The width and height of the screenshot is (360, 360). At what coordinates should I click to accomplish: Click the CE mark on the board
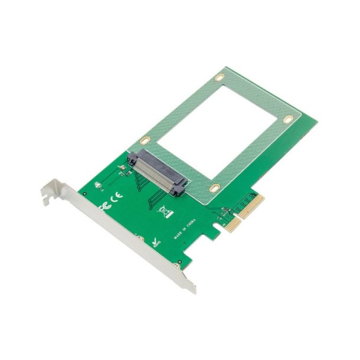[117, 195]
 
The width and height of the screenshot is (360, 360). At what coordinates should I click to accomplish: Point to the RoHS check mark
[155, 242]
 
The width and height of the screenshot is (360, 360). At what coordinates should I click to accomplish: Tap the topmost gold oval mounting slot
[220, 77]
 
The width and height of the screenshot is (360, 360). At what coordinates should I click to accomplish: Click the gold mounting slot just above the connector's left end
[144, 140]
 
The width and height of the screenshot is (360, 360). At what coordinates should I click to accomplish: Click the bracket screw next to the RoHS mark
[141, 239]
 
